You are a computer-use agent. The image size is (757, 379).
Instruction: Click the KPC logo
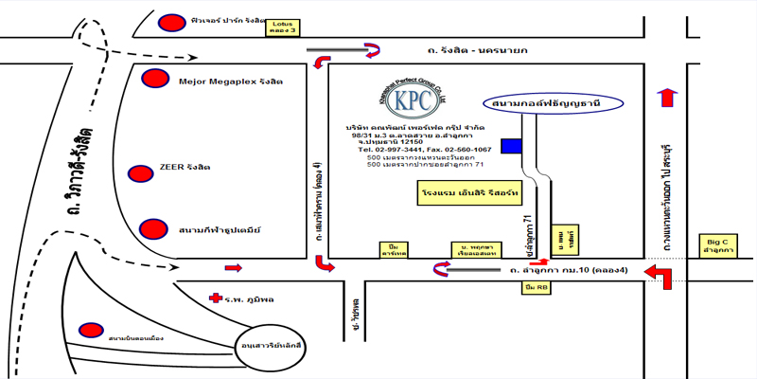point(413,99)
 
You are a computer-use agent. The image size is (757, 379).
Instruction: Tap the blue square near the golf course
point(512,145)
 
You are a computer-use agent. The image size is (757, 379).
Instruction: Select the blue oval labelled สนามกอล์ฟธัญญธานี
point(544,102)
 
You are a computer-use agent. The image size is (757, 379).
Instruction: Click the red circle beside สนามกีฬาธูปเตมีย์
point(151,229)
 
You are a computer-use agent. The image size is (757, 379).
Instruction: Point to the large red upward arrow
point(668,98)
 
